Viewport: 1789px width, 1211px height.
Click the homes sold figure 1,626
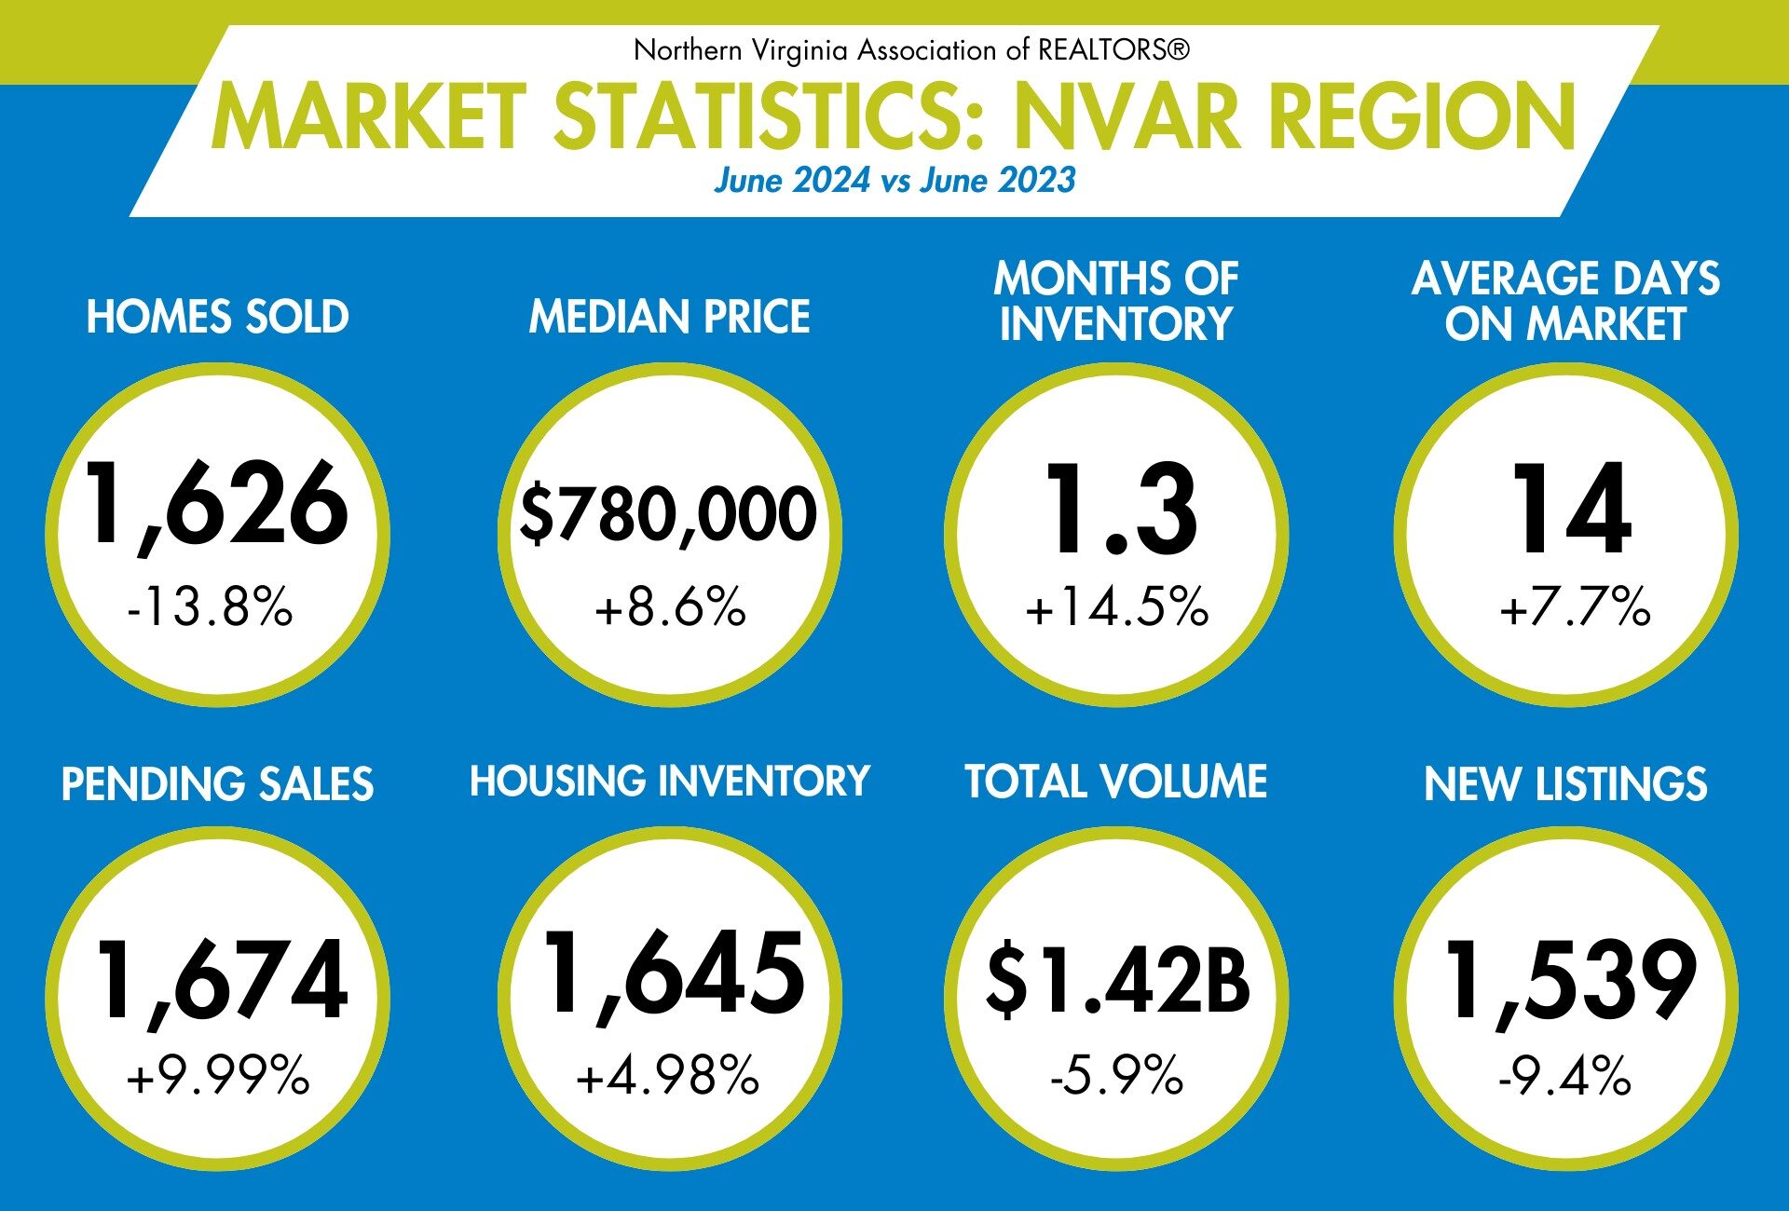pos(216,505)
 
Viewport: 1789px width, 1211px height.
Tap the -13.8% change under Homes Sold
pos(210,607)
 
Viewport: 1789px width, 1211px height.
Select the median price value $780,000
pos(668,513)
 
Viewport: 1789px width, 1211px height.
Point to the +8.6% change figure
pos(670,607)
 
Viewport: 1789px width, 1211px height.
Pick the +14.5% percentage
pos(1116,607)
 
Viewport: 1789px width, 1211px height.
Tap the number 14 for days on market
pos(1571,510)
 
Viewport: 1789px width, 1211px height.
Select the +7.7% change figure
pos(1575,607)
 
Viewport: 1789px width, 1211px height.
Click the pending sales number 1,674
pos(222,981)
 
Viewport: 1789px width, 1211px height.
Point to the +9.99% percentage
pos(217,1077)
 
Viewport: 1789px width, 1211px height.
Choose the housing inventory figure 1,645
pos(674,974)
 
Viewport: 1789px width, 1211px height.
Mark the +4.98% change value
pos(667,1076)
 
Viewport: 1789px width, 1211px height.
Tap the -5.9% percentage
pos(1116,1077)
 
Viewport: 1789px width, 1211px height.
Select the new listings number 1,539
pos(1571,981)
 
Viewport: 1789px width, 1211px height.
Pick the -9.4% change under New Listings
pos(1564,1078)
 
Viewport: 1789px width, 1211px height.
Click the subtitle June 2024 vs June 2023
pos(894,180)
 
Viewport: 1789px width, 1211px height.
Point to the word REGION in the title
pos(1422,117)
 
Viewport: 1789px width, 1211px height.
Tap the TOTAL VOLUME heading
pos(1115,782)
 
